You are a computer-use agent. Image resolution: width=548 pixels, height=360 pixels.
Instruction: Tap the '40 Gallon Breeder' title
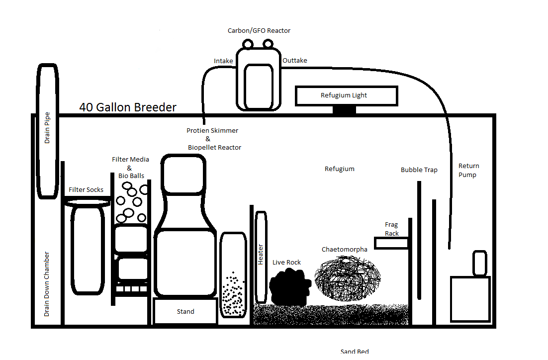[x=128, y=107]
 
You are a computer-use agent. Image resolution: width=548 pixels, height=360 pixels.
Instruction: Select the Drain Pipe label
[x=47, y=128]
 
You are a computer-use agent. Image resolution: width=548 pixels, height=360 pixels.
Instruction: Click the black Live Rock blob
[x=290, y=286]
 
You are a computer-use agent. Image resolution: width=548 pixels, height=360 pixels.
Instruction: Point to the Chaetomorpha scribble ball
[x=348, y=278]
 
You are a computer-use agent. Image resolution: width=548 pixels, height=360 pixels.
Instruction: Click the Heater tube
[x=261, y=257]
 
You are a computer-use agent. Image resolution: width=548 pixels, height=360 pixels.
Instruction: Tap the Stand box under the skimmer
[x=185, y=311]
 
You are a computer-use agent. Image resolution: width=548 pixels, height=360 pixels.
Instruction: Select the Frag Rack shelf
[x=391, y=243]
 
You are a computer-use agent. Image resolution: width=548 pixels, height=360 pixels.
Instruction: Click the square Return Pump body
[x=470, y=299]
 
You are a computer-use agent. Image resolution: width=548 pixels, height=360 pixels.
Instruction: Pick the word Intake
[x=223, y=61]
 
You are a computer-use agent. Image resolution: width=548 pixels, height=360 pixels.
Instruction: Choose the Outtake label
[x=294, y=61]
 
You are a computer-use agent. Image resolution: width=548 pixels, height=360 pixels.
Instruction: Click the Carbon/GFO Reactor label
[x=259, y=31]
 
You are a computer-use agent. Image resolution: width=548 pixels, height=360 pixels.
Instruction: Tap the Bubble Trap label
[x=419, y=170]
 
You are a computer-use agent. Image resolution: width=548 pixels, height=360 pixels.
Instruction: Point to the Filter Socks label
[x=86, y=190]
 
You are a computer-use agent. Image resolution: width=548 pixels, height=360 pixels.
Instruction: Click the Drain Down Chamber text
[x=47, y=284]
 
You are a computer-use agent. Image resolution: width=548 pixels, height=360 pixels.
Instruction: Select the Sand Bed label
[x=355, y=351]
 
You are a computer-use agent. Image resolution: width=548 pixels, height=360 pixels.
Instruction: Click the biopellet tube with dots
[x=233, y=274]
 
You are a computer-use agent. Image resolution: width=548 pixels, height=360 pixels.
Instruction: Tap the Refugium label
[x=339, y=169]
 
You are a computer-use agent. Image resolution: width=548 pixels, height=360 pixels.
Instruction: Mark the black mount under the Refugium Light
[x=344, y=109]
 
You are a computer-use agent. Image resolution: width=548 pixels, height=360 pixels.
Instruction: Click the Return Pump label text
[x=468, y=170]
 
